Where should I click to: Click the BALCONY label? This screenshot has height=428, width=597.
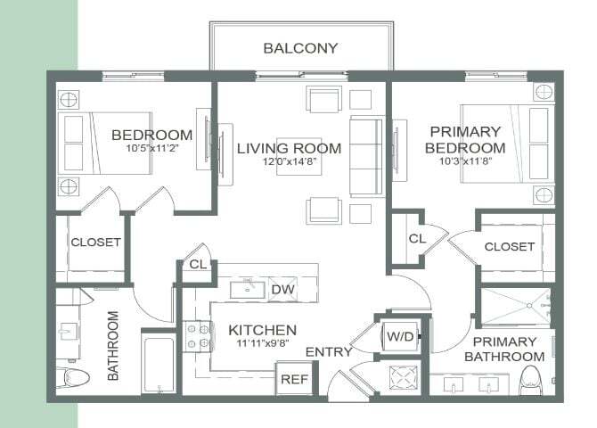tap(300, 48)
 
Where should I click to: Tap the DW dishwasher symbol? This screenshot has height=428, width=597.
tap(282, 290)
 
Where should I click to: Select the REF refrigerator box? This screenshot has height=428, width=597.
tap(294, 379)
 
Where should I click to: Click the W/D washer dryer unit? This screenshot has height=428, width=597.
tap(400, 336)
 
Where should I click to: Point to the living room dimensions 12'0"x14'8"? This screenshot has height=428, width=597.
tap(290, 160)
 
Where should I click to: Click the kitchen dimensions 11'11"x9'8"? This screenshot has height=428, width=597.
tap(262, 342)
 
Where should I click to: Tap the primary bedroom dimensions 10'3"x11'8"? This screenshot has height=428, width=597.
tap(466, 160)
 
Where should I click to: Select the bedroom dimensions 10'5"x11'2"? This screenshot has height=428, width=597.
tap(152, 148)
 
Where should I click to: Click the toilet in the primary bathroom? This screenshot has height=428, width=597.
tap(530, 380)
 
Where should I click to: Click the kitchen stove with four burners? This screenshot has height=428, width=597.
tap(199, 336)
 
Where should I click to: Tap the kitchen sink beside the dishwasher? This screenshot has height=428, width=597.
tap(248, 290)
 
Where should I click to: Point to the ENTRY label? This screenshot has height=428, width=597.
tap(329, 352)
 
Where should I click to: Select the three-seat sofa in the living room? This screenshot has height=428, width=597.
tap(366, 156)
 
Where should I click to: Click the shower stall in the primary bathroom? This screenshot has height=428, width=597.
tap(515, 307)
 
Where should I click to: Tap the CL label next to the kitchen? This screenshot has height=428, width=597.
tap(198, 264)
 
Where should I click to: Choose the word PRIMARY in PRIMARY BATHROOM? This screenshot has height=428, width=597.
tap(504, 342)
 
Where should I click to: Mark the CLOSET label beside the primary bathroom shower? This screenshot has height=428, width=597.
tap(510, 247)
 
